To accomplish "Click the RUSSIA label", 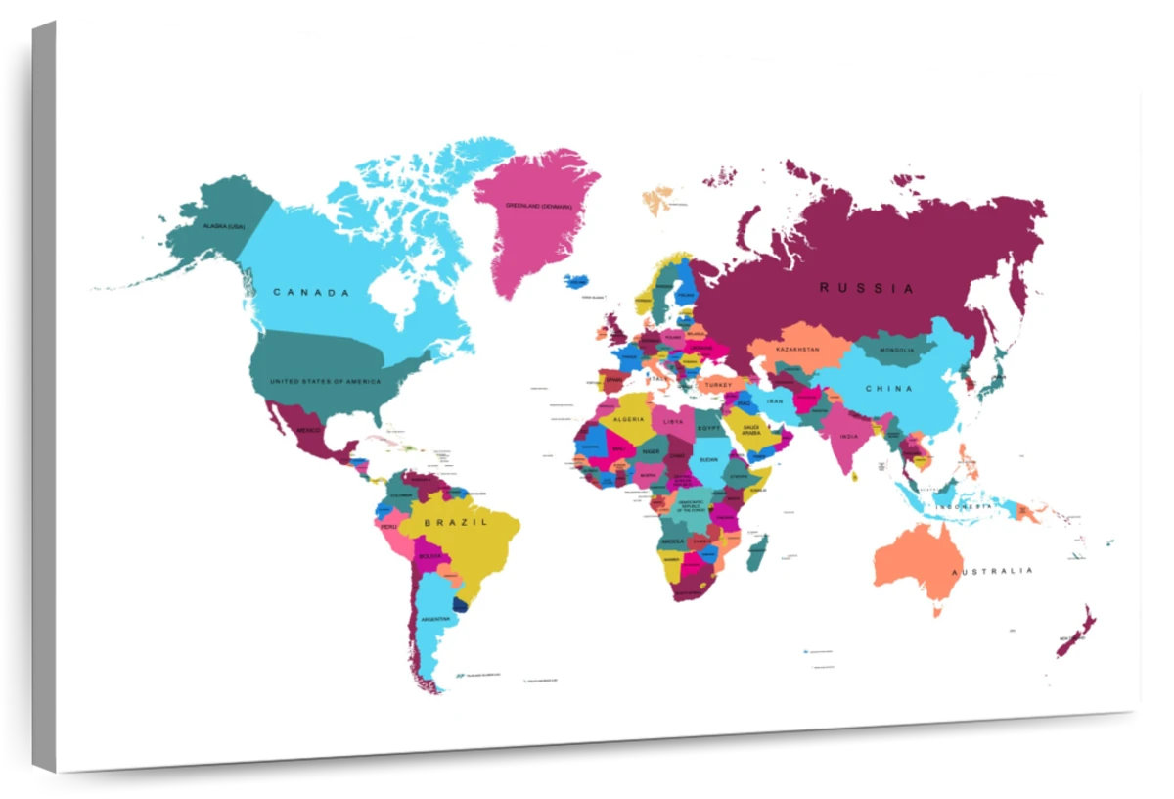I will (x=867, y=288).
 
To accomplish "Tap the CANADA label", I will (x=311, y=292).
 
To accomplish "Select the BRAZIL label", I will (x=456, y=523).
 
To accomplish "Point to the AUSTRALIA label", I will (x=992, y=571).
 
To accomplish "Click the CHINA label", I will (x=888, y=389).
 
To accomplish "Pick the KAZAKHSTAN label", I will (x=797, y=349).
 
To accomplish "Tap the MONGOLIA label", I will (x=896, y=350).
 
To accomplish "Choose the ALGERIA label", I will (x=628, y=419).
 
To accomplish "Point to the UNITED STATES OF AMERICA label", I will (x=325, y=381).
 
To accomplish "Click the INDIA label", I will (x=848, y=437).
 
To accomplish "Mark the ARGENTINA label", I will (x=435, y=619).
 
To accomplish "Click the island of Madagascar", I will (x=757, y=552).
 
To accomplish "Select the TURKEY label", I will (x=718, y=385).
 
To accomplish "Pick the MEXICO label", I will (x=309, y=430).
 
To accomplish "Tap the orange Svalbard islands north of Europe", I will (x=657, y=200).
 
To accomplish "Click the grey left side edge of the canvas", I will (x=43, y=392).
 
